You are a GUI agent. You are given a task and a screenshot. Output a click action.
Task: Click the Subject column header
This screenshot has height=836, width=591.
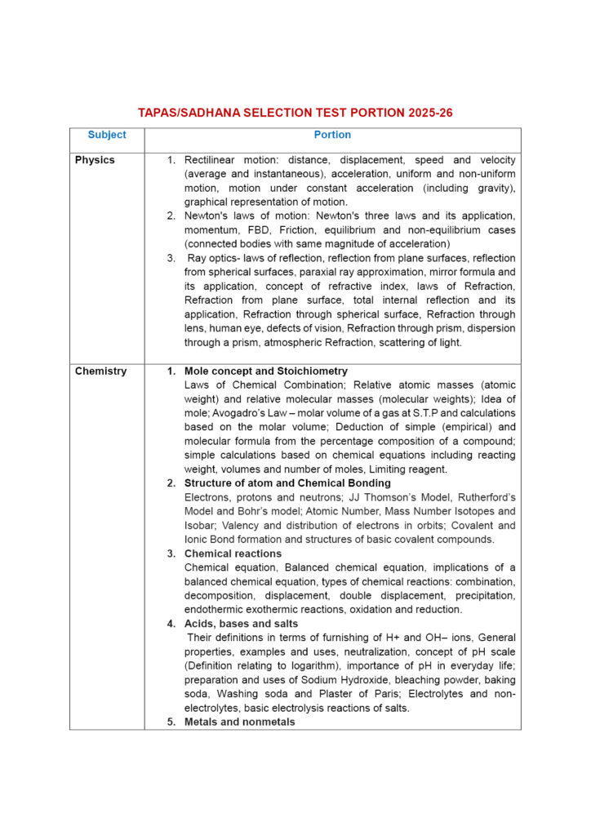[x=107, y=135]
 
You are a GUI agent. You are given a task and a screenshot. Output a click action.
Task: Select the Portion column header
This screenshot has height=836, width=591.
[x=332, y=135]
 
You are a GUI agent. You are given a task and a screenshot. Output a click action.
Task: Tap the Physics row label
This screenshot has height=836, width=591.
[x=95, y=160]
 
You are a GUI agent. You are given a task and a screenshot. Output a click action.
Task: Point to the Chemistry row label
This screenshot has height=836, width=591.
[x=100, y=371]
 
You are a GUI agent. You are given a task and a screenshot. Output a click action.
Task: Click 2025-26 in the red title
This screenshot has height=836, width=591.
[x=428, y=113]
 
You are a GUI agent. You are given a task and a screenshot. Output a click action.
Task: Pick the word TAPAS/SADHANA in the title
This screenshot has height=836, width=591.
[x=182, y=113]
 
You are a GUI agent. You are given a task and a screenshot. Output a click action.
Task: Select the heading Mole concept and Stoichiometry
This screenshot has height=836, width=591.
[x=265, y=371]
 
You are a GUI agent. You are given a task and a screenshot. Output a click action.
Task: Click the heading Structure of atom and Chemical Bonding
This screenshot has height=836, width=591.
[x=287, y=483]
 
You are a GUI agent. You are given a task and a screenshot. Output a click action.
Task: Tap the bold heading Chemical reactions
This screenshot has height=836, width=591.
[x=233, y=554]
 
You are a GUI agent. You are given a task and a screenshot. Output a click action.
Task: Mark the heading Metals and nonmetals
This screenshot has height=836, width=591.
[x=239, y=722]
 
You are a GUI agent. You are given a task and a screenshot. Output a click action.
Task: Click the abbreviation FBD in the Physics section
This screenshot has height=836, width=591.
[x=253, y=229]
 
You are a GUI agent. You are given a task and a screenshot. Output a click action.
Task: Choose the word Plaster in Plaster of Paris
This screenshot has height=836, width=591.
[x=309, y=694]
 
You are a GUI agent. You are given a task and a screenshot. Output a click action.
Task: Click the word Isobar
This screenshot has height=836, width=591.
[x=200, y=526]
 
